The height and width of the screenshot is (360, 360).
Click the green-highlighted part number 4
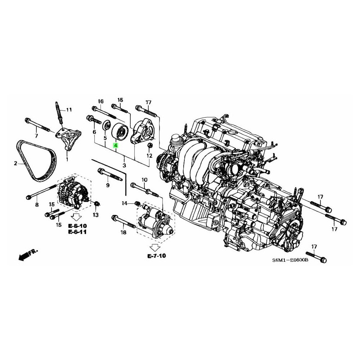point(116,145)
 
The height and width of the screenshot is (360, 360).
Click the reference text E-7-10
point(157,256)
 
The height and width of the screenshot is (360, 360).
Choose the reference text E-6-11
point(77,232)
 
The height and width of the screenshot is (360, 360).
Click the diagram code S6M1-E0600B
point(290,260)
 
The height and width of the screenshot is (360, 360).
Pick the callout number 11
point(69,110)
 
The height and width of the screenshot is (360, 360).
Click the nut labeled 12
point(150,145)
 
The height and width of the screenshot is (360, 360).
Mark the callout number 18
point(123,233)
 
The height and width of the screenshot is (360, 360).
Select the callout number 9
point(108,185)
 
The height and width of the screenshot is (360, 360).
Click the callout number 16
point(101,101)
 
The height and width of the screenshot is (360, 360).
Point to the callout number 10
point(144,180)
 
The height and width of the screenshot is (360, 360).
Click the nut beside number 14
point(138,203)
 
